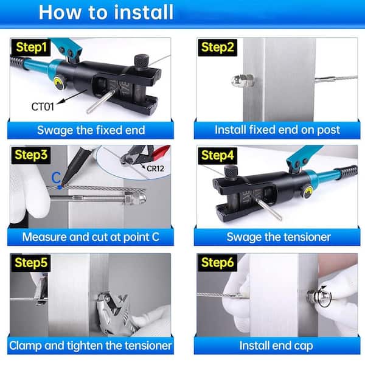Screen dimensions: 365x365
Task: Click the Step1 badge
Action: tap(31, 47)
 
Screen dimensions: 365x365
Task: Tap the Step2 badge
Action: tap(217, 47)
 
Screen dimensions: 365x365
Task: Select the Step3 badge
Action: tap(31, 155)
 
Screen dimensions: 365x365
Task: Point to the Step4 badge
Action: tap(217, 155)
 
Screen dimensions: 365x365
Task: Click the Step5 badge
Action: tap(31, 263)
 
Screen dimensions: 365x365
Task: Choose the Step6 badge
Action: tap(217, 263)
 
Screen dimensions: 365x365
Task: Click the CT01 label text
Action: tap(43, 107)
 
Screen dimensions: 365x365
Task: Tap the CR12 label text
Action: tap(155, 169)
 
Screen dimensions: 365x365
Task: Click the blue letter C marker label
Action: tap(56, 178)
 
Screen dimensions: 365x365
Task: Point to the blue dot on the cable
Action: tap(60, 187)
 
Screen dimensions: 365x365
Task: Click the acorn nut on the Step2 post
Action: tap(243, 80)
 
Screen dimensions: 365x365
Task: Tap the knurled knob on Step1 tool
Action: tap(142, 61)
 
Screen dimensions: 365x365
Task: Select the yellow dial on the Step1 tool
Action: tap(58, 83)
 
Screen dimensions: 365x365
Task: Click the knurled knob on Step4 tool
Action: tap(231, 173)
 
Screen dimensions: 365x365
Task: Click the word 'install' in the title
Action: tap(144, 12)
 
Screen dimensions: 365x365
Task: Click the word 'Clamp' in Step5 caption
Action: tap(26, 346)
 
